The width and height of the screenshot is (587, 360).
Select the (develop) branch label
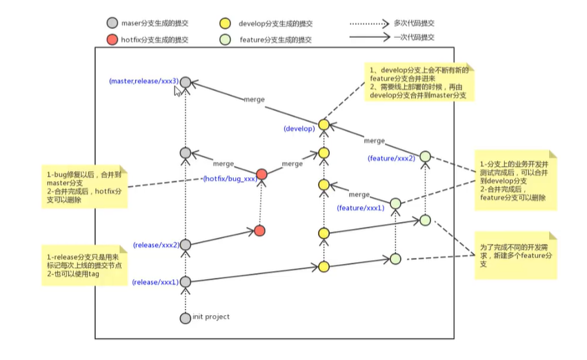pyautogui.click(x=299, y=128)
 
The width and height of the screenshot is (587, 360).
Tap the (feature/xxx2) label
pyautogui.click(x=392, y=159)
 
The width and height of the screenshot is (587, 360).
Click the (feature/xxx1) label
pyautogui.click(x=359, y=208)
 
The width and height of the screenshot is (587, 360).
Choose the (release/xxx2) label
pyautogui.click(x=156, y=245)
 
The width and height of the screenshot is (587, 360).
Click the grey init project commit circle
pyautogui.click(x=184, y=318)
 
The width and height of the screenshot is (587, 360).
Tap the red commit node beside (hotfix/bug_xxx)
pyautogui.click(x=261, y=174)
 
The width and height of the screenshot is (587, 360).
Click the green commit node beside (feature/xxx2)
pyautogui.click(x=426, y=157)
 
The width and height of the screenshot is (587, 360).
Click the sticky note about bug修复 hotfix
pyautogui.click(x=83, y=186)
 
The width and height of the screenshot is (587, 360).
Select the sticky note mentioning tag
pyautogui.click(x=83, y=266)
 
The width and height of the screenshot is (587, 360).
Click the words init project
pyautogui.click(x=212, y=317)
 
